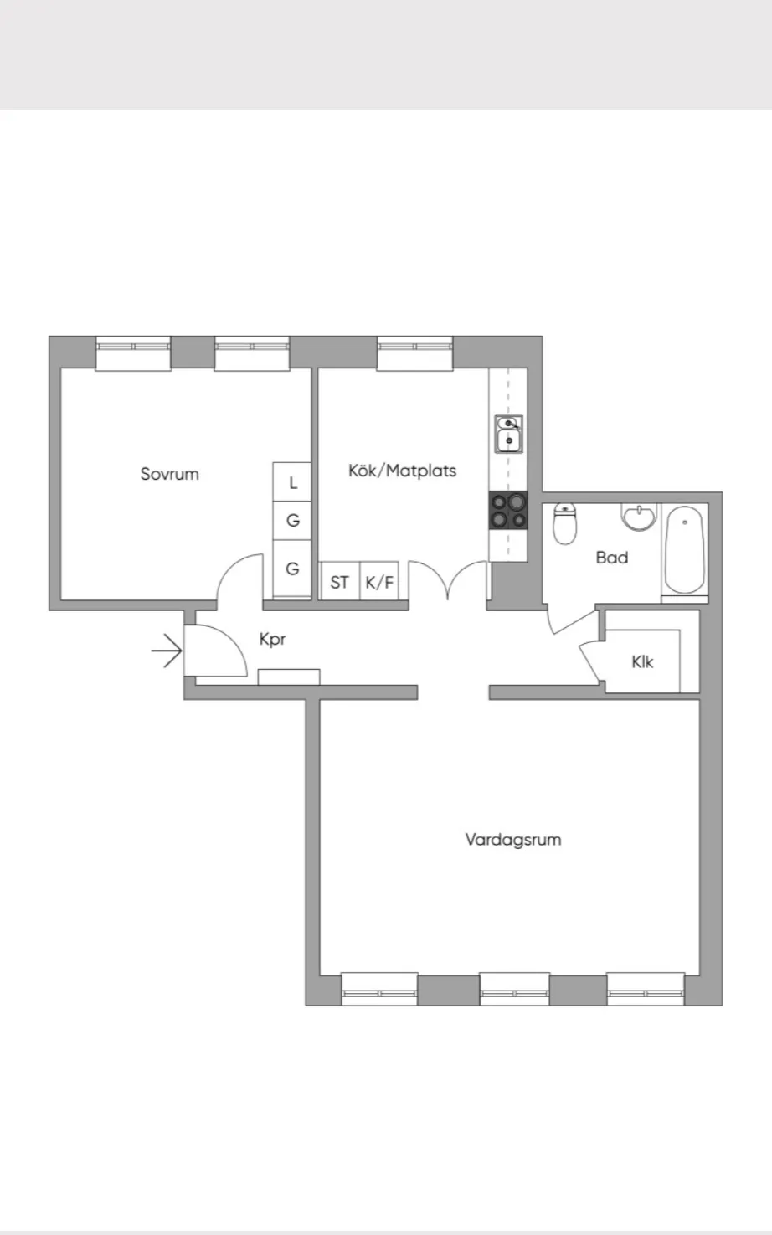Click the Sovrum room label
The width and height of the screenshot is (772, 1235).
[x=169, y=474]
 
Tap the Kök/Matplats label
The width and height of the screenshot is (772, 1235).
[x=403, y=471]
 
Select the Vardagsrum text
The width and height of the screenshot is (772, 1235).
[x=513, y=840]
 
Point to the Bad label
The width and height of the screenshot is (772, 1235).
[x=612, y=558]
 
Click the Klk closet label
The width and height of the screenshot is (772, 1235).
[x=642, y=661]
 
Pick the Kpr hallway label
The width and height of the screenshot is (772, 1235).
[x=272, y=640]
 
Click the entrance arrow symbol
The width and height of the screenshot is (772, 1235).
[x=167, y=651]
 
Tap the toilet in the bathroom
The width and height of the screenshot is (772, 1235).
[x=565, y=522]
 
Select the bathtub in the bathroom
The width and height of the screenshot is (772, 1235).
[x=684, y=550]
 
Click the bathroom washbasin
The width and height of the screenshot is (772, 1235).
[x=639, y=517]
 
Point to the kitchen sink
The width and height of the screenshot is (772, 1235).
[x=508, y=434]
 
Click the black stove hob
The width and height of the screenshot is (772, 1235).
[x=508, y=511]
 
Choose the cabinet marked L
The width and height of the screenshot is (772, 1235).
[x=292, y=482]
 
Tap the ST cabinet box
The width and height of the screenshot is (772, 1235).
[x=340, y=581]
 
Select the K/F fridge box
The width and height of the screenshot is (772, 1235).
[x=379, y=581]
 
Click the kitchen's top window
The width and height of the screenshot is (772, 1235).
[x=415, y=352]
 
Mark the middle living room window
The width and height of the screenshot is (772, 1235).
[x=514, y=989]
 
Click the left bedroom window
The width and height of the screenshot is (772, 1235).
[x=133, y=352]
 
